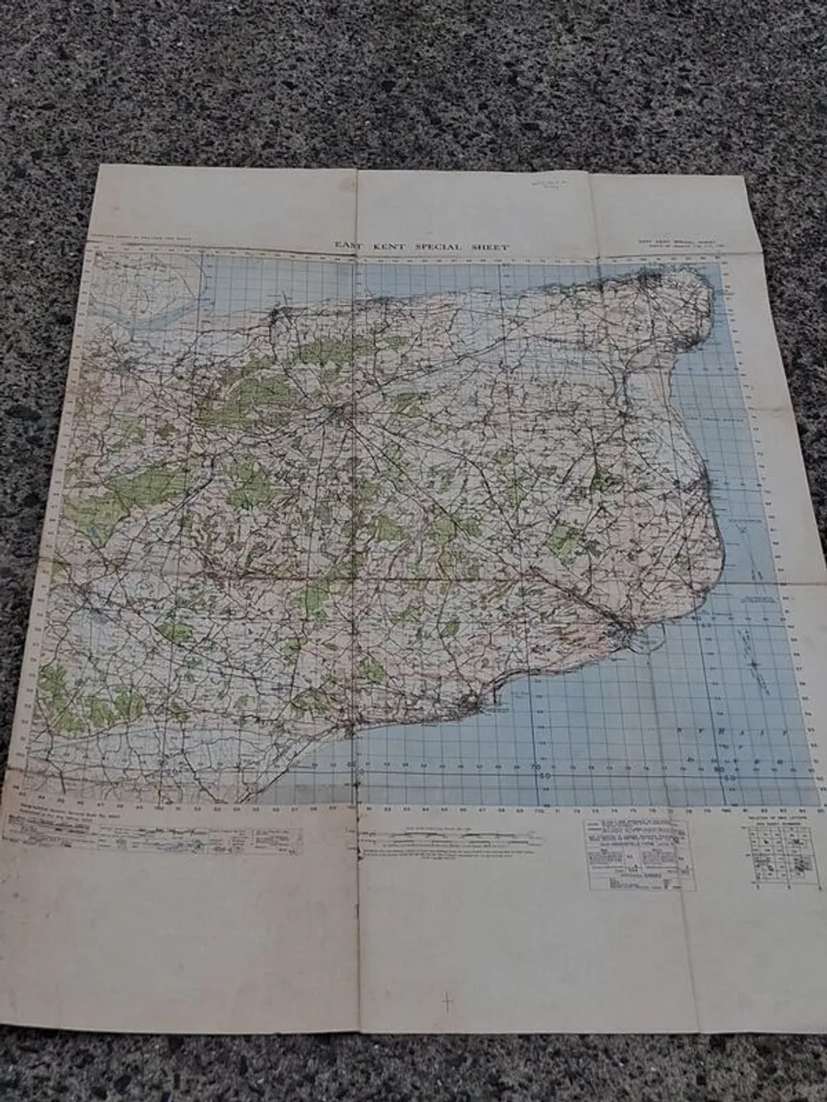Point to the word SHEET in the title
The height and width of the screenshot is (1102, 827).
coord(488,246)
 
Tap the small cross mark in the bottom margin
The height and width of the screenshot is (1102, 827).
coord(447,1002)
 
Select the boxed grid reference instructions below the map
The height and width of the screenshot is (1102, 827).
coord(640,854)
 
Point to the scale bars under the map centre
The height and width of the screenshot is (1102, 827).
coord(450,838)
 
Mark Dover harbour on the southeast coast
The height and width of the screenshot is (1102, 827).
coord(627,634)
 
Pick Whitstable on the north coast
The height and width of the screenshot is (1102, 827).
coord(276,317)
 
